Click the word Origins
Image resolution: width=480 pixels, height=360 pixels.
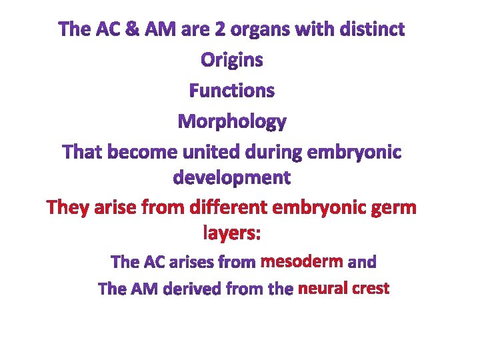coord(231,60)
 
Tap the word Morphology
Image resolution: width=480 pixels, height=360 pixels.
coord(231,122)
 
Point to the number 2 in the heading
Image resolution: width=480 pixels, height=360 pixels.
coord(217,29)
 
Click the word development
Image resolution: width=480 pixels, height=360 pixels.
coord(231,178)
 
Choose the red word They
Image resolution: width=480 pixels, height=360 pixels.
coord(70,208)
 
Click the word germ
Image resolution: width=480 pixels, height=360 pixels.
coord(393,209)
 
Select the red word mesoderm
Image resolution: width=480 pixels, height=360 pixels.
coord(301,261)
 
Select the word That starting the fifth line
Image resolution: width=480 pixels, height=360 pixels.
coord(83,152)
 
